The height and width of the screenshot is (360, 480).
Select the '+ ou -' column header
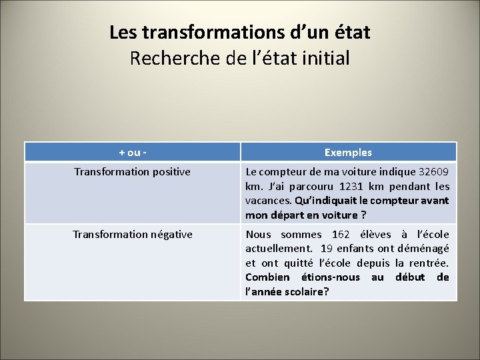point(133,152)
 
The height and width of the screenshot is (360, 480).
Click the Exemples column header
point(348,152)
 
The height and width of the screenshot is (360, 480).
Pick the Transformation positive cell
point(132,172)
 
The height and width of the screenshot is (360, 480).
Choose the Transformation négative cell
point(132,234)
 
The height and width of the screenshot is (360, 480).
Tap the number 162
point(340,234)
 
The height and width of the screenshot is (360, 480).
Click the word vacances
point(267,201)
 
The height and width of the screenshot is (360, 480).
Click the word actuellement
point(277,248)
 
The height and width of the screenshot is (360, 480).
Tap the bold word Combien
point(267,277)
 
